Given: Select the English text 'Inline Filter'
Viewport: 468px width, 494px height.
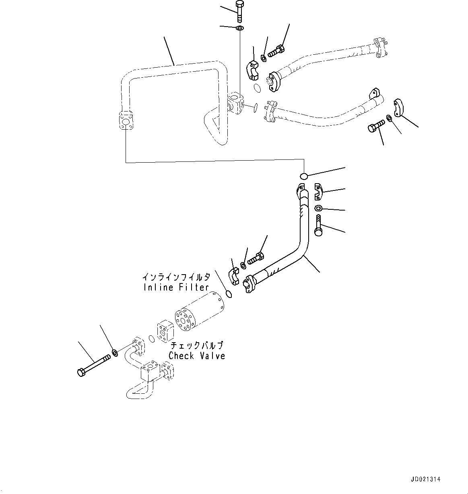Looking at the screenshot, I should click(176, 287).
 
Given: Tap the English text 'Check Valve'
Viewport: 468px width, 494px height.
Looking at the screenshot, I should click(197, 356).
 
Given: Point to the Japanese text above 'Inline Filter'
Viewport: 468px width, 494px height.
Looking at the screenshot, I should click(176, 277).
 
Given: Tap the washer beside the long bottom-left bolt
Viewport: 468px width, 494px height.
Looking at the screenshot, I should click(115, 353).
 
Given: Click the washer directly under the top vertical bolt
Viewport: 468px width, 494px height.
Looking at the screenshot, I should click(239, 28).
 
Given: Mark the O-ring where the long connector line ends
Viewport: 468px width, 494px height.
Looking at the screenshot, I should click(304, 176).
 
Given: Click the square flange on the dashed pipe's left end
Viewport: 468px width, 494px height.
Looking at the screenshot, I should click(126, 121).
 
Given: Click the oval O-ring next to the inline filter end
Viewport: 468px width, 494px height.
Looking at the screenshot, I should click(229, 294).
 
